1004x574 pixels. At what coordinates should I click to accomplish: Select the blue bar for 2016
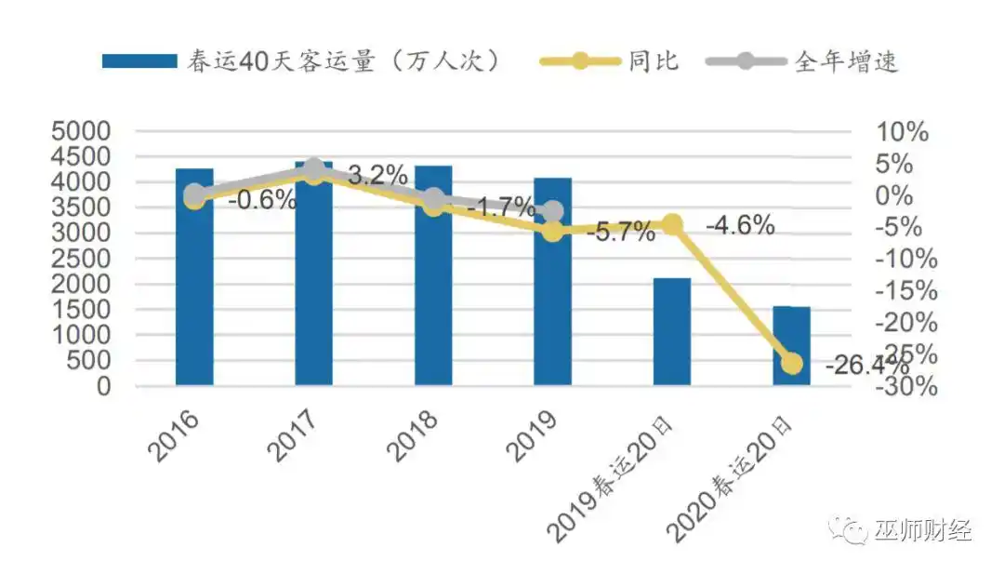point(194,279)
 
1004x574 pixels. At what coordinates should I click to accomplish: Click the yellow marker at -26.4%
point(792,363)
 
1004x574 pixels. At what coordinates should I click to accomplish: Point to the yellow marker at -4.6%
point(672,224)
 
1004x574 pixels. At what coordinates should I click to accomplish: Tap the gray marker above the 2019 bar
point(553,212)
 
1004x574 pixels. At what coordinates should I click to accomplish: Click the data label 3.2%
point(377,175)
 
